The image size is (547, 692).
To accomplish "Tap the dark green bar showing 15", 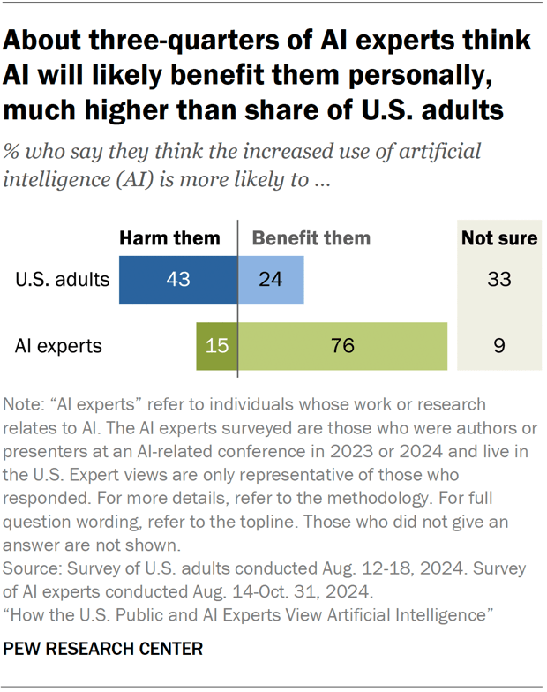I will click(x=216, y=346).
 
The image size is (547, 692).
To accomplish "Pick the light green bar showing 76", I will click(x=342, y=346).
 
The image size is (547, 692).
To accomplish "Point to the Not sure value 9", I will click(x=498, y=346).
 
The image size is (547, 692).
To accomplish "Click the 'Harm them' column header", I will click(x=169, y=238).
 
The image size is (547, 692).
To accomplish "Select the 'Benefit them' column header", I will click(x=311, y=238).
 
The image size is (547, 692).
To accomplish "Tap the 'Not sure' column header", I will click(x=498, y=238).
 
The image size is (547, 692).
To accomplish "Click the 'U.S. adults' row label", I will click(x=62, y=281).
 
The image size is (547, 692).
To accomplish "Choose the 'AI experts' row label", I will click(x=58, y=346).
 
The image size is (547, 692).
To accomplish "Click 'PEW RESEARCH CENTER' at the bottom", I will click(x=103, y=649).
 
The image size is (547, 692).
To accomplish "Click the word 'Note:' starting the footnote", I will click(x=27, y=404).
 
